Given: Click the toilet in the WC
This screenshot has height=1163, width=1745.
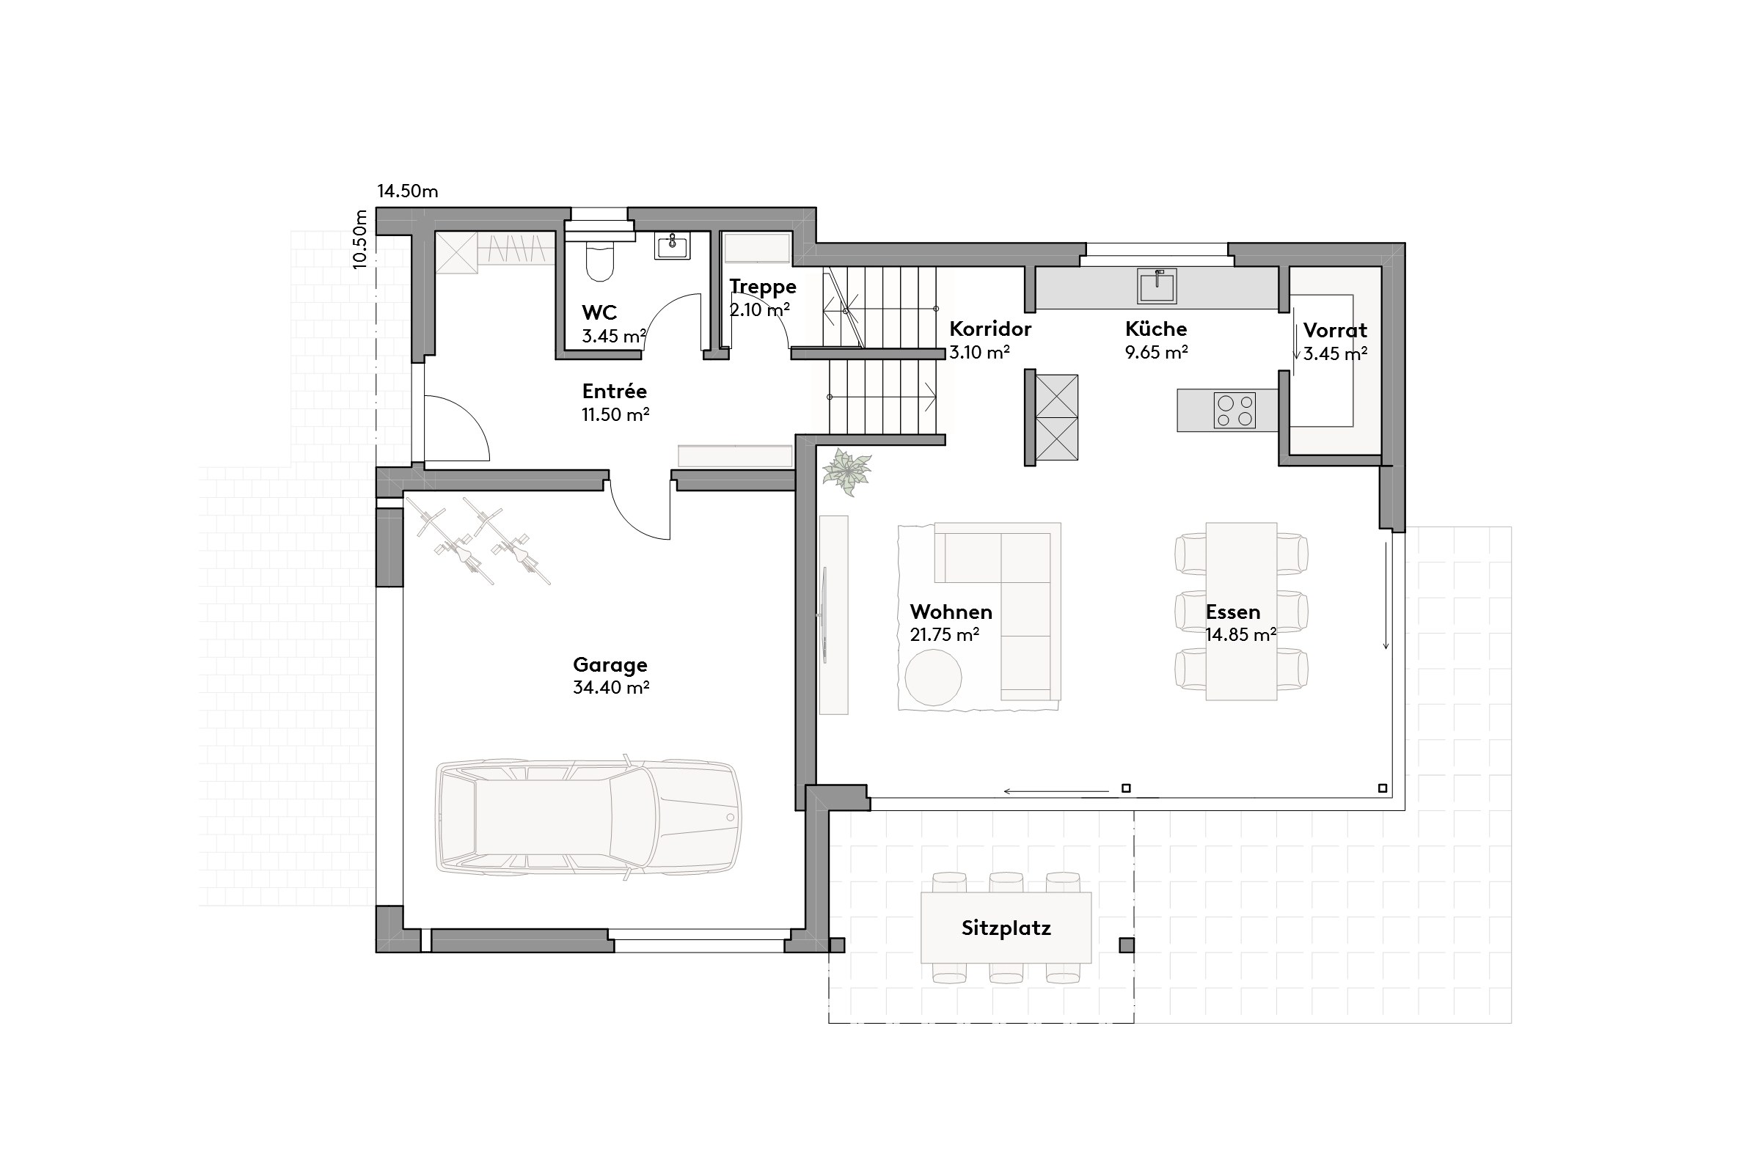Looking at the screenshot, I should point(599,261).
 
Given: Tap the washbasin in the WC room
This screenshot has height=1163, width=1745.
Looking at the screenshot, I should point(672,246).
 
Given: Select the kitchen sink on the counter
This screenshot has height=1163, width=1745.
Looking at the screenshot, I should point(1157,286).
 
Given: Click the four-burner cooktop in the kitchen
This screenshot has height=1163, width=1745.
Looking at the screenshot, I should point(1234,411).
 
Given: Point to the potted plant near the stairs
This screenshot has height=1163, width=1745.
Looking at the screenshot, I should point(846,471).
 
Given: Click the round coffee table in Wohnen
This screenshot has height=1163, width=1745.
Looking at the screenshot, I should point(932,677).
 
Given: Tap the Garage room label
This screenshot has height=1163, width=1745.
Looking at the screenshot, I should point(610,664).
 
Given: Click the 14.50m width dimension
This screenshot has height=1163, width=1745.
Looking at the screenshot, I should point(407,191).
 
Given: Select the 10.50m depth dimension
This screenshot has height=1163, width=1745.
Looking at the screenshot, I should point(360,239).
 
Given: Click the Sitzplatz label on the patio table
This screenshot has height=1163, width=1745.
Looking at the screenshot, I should point(1006,928).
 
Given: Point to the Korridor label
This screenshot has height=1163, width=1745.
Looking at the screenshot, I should point(989,329).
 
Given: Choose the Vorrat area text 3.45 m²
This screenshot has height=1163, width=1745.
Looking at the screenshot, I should point(1335,353).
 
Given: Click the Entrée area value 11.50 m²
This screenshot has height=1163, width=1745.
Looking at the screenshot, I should point(615,414).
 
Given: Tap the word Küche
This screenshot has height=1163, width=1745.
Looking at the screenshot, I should point(1156,329).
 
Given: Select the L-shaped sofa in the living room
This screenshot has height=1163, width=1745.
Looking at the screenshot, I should point(1024,593).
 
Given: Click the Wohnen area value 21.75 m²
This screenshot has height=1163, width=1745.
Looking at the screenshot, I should point(945,635).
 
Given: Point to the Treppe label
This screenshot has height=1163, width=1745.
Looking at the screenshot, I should point(763,286).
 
